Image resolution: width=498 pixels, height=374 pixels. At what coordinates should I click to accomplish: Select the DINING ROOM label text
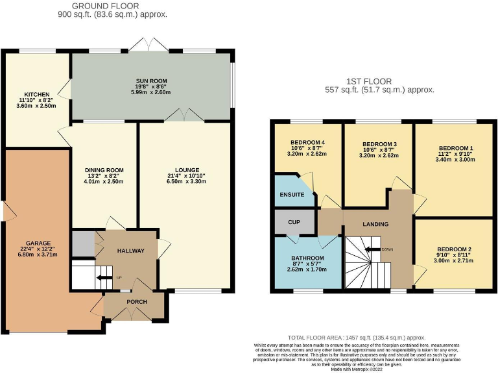pos(104,169)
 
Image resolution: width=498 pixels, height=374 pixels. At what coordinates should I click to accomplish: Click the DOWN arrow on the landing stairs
pos(373,249)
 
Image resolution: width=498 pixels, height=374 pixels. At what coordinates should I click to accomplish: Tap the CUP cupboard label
pos(294,222)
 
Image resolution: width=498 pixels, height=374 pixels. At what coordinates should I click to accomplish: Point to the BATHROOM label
pos(307,258)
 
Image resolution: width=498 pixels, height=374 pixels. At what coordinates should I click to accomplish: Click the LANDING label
pos(375,224)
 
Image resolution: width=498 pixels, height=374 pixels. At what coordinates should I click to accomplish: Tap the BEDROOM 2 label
pos(454,249)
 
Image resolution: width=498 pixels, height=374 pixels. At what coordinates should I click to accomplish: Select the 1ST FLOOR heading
pos(368,81)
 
